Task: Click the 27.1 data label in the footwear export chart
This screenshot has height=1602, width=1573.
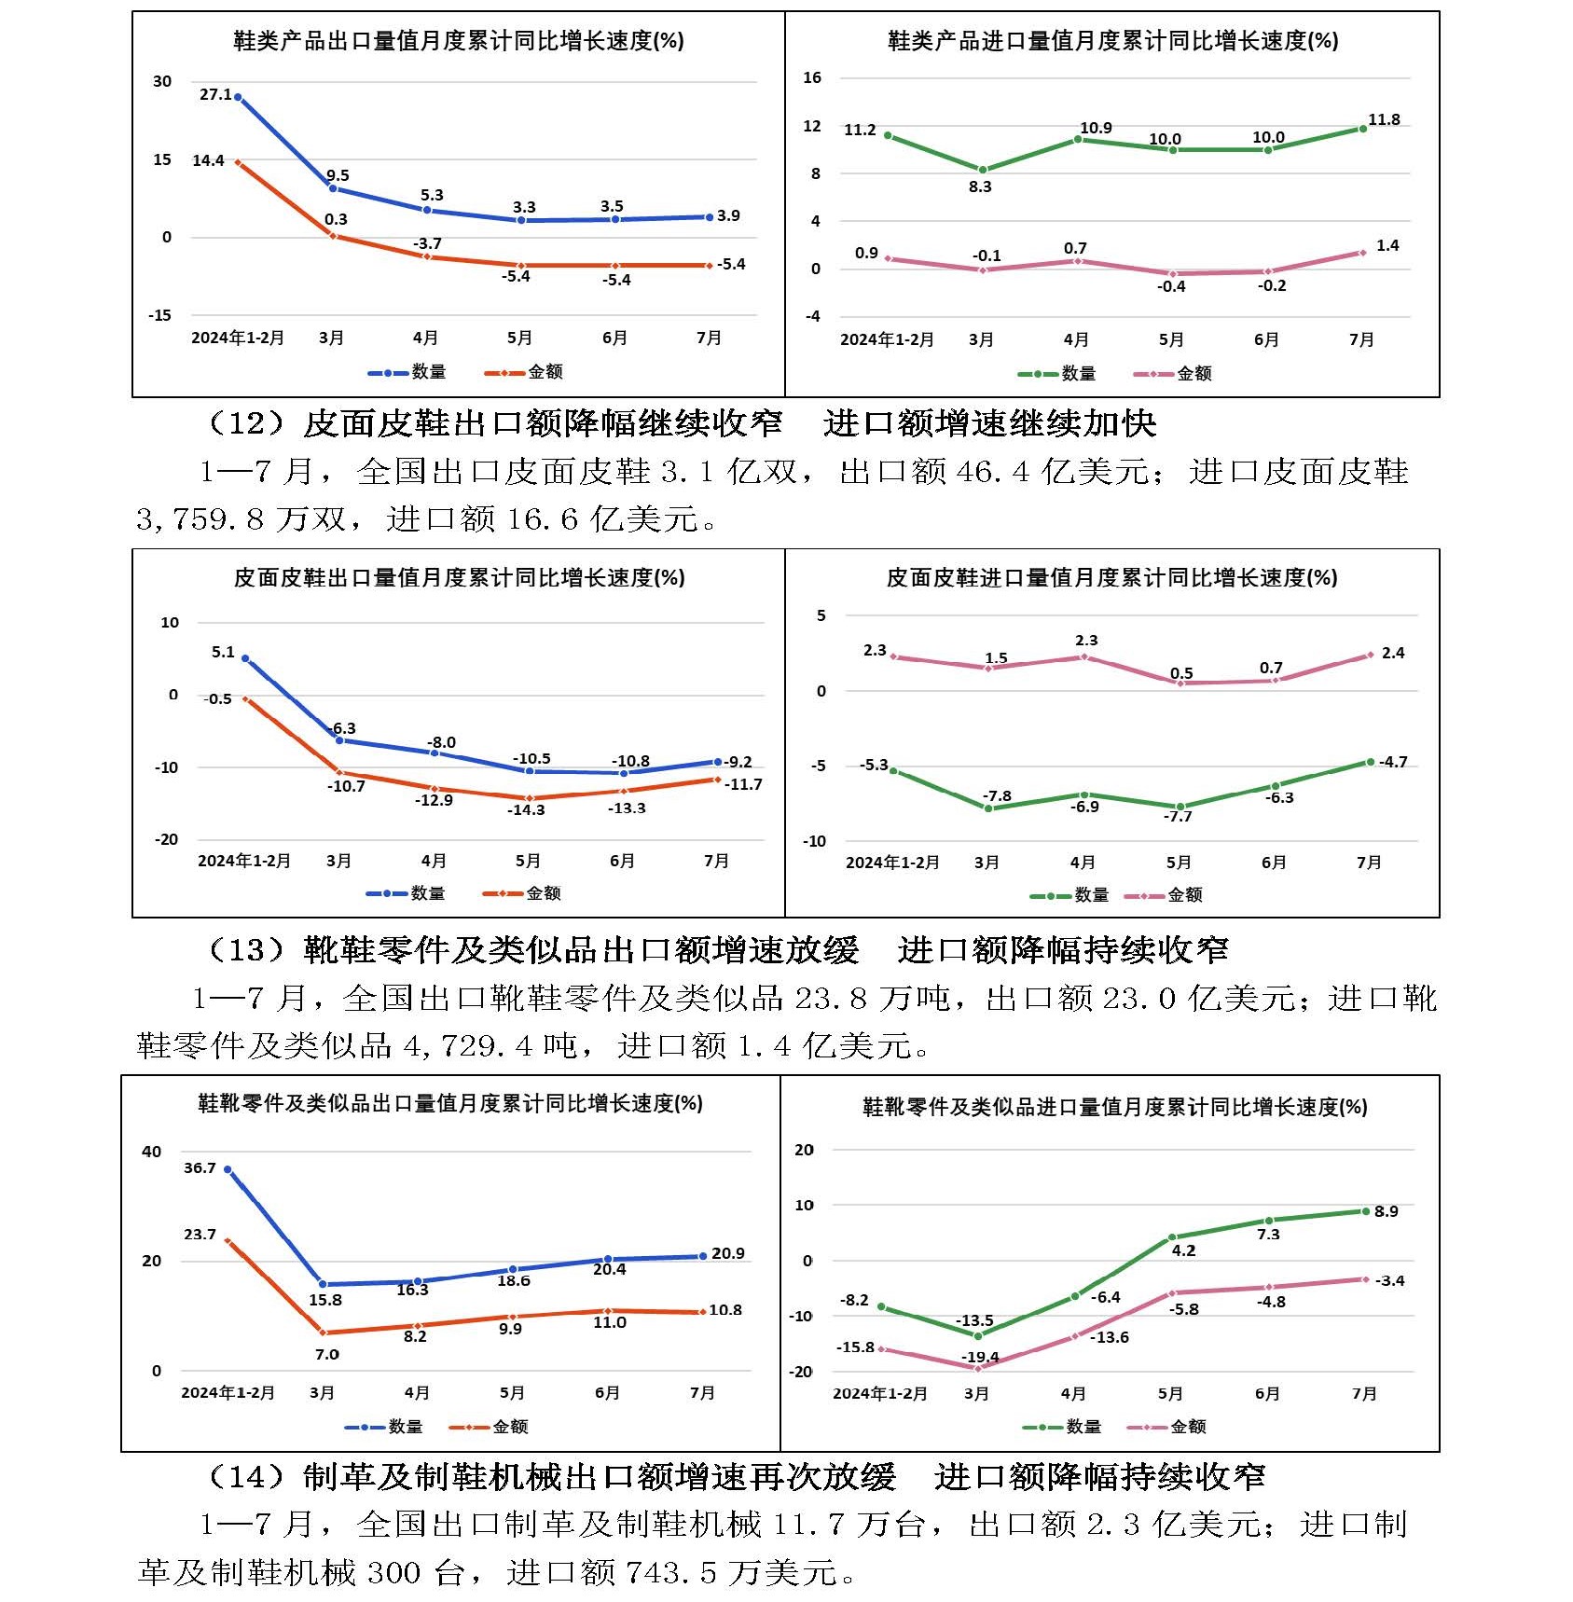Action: [x=215, y=94]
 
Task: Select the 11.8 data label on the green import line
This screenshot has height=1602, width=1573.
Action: [x=1384, y=119]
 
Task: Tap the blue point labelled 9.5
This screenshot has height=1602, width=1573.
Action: [x=333, y=188]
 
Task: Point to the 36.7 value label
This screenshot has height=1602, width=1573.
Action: [x=200, y=1167]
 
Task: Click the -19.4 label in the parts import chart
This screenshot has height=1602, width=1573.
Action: [x=980, y=1357]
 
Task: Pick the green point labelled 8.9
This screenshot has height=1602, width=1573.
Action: [x=1366, y=1211]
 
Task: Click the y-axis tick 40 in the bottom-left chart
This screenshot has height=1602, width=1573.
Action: [x=151, y=1152]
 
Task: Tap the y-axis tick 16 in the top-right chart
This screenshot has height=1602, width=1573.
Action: [x=812, y=77]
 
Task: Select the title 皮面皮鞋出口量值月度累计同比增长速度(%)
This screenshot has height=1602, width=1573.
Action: [x=459, y=578]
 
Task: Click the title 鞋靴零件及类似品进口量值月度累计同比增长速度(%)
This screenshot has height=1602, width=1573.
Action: [x=1114, y=1107]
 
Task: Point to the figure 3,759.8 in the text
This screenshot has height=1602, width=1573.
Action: [x=200, y=519]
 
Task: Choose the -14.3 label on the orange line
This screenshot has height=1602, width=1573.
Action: [x=526, y=809]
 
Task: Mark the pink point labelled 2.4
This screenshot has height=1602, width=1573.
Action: [x=1370, y=656]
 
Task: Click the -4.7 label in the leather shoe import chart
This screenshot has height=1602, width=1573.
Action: [x=1393, y=762]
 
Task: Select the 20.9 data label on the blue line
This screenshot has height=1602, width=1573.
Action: [x=727, y=1253]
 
